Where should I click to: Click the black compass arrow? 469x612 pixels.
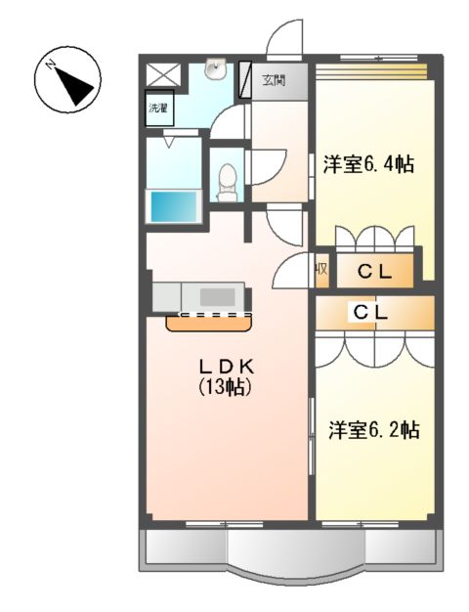click(77, 89)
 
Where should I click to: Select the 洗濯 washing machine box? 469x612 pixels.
click(158, 108)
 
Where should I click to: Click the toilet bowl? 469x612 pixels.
click(228, 180)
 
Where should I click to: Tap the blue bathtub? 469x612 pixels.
click(173, 206)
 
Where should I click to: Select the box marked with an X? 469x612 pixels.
click(160, 74)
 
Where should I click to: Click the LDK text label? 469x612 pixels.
click(226, 366)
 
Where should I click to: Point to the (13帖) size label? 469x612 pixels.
click(226, 387)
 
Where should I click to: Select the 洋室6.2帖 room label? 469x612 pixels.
click(373, 429)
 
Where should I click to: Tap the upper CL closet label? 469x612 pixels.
click(373, 273)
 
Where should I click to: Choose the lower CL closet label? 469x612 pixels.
click(373, 313)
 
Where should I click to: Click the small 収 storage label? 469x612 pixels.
click(320, 270)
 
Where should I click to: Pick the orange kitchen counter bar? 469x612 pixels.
click(209, 321)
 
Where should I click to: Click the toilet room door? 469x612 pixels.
click(266, 166)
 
